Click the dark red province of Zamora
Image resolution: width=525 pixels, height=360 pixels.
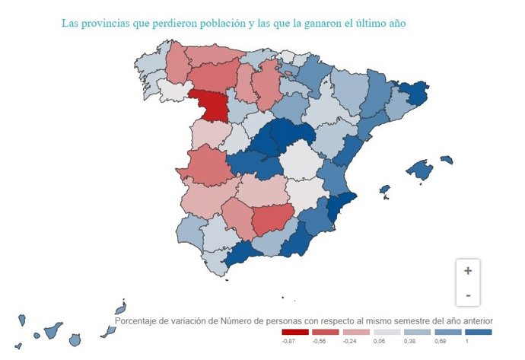[x=208, y=107]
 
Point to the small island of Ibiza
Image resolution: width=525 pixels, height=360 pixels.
[x=385, y=189]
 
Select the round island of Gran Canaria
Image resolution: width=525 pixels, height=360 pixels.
[x=75, y=339]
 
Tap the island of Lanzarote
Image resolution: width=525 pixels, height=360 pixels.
[x=120, y=308]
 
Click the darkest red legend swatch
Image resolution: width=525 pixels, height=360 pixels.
[x=295, y=332]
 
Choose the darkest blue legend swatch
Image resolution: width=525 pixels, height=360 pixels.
[x=477, y=332]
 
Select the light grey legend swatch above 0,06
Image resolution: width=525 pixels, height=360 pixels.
[x=387, y=332]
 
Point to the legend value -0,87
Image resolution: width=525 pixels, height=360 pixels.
[x=288, y=342]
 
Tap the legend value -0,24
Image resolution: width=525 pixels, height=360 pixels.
[x=349, y=342]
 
